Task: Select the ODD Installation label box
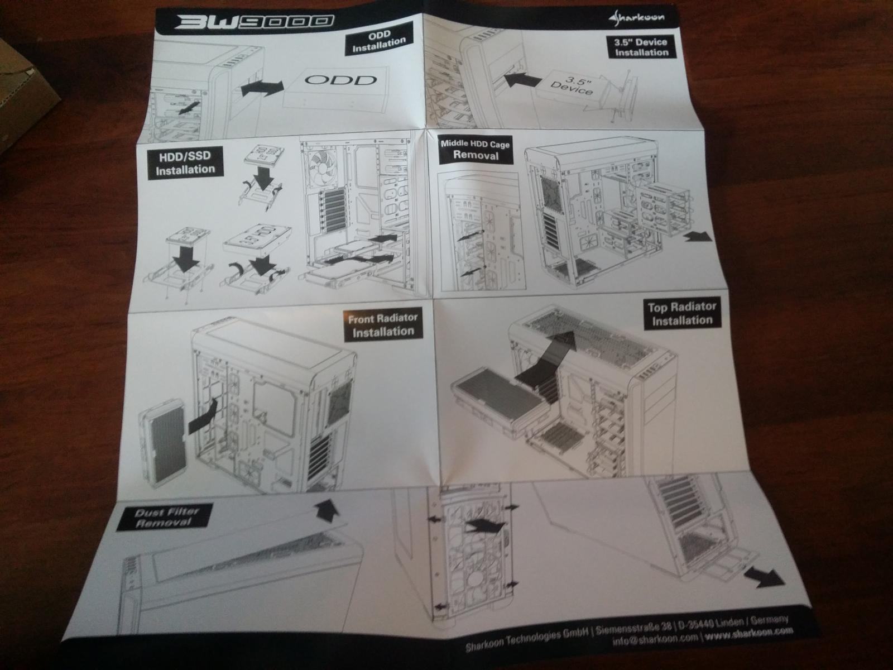[378, 42]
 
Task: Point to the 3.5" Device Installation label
[641, 47]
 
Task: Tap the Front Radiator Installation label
[382, 325]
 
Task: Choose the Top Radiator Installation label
[681, 313]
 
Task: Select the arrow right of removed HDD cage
[698, 236]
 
